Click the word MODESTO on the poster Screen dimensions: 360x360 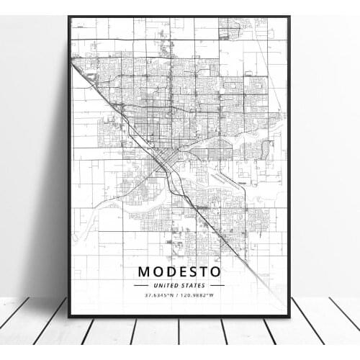(179, 272)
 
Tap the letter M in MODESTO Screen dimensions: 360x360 (144, 272)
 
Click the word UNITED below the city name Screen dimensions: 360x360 (166, 285)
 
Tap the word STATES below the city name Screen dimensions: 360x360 (192, 285)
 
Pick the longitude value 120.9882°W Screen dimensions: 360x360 (199, 294)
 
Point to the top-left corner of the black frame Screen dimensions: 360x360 (68, 16)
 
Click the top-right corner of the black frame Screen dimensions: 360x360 (289, 16)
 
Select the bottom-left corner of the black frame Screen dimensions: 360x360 (68, 316)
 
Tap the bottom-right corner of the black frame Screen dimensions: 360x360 (289, 316)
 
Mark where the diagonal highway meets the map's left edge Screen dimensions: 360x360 (73, 63)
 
